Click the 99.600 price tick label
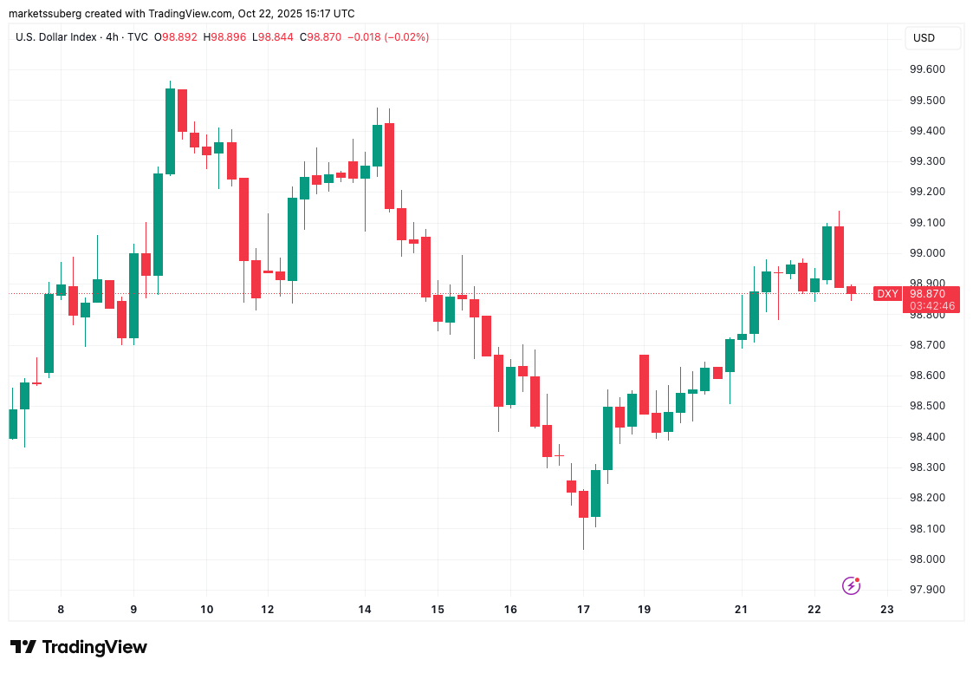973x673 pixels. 926,69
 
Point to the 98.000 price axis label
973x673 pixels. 926,559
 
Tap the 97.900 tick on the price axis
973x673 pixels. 926,590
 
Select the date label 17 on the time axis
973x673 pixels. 583,610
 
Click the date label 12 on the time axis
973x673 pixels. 268,610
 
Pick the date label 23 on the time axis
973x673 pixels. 886,610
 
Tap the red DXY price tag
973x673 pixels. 887,294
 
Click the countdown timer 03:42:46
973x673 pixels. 932,305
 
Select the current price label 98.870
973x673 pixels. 926,294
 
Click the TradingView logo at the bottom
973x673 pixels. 79,647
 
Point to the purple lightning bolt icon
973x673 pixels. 851,586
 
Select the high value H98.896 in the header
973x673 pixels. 229,37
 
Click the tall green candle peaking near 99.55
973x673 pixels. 171,130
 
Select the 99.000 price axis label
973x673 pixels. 926,253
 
